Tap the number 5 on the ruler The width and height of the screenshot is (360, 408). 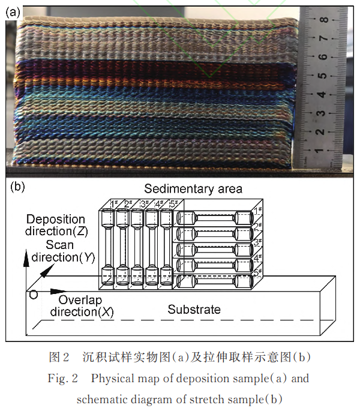(x=323, y=76)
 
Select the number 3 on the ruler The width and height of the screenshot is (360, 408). (x=323, y=112)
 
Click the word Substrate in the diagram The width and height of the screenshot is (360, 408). (x=194, y=310)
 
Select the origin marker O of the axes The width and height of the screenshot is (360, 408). (x=32, y=295)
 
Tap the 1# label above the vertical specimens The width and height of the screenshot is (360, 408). (x=115, y=204)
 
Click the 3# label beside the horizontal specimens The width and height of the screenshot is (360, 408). (x=257, y=242)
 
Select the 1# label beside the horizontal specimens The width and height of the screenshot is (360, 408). (x=257, y=211)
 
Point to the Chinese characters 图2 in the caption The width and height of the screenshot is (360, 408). (x=59, y=358)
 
